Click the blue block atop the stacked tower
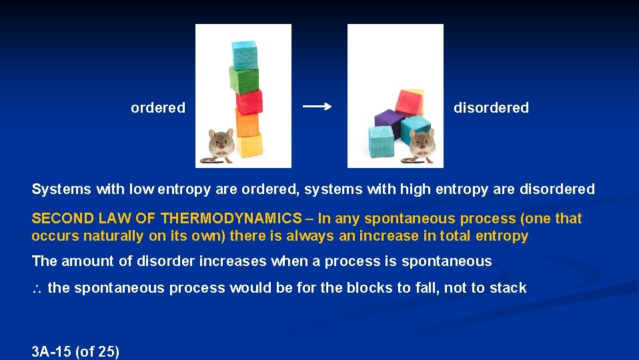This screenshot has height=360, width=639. [x=244, y=54]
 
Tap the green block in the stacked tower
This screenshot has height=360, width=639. [x=244, y=79]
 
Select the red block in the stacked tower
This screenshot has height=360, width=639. [x=249, y=102]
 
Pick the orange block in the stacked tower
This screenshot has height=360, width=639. [x=246, y=123]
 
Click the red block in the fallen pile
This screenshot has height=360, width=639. [x=409, y=102]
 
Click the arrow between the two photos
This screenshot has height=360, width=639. [x=317, y=107]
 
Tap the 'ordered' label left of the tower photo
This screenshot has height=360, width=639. [x=158, y=108]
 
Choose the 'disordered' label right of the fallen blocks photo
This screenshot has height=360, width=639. [x=491, y=108]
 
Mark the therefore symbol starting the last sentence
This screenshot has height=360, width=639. [x=37, y=289]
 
